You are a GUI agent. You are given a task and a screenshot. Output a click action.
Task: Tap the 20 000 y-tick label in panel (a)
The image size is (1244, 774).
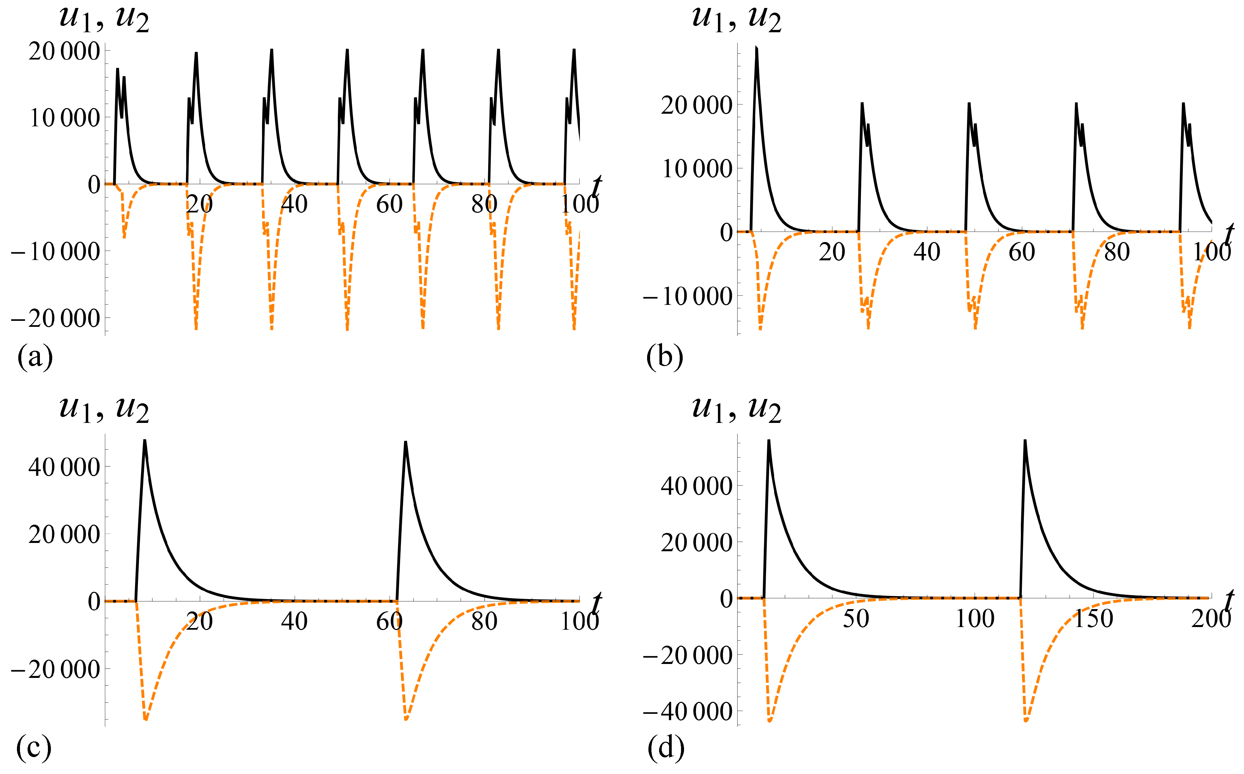pos(64,52)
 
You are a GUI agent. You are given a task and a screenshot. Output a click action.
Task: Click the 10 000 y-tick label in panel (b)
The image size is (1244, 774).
pos(696,169)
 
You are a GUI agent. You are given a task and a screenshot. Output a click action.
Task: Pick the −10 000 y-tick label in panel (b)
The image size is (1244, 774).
pos(688,296)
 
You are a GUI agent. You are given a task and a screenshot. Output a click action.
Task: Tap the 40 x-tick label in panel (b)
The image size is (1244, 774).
pos(927,252)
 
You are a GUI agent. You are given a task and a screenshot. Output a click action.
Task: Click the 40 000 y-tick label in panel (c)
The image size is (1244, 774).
pos(64,467)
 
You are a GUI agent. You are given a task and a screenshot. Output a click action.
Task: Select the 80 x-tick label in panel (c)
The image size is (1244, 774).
pos(484,621)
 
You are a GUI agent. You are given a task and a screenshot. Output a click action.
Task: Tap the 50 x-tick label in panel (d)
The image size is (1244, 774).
pos(856,619)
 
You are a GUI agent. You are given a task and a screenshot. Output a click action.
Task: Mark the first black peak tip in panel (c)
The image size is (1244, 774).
pos(145,440)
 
